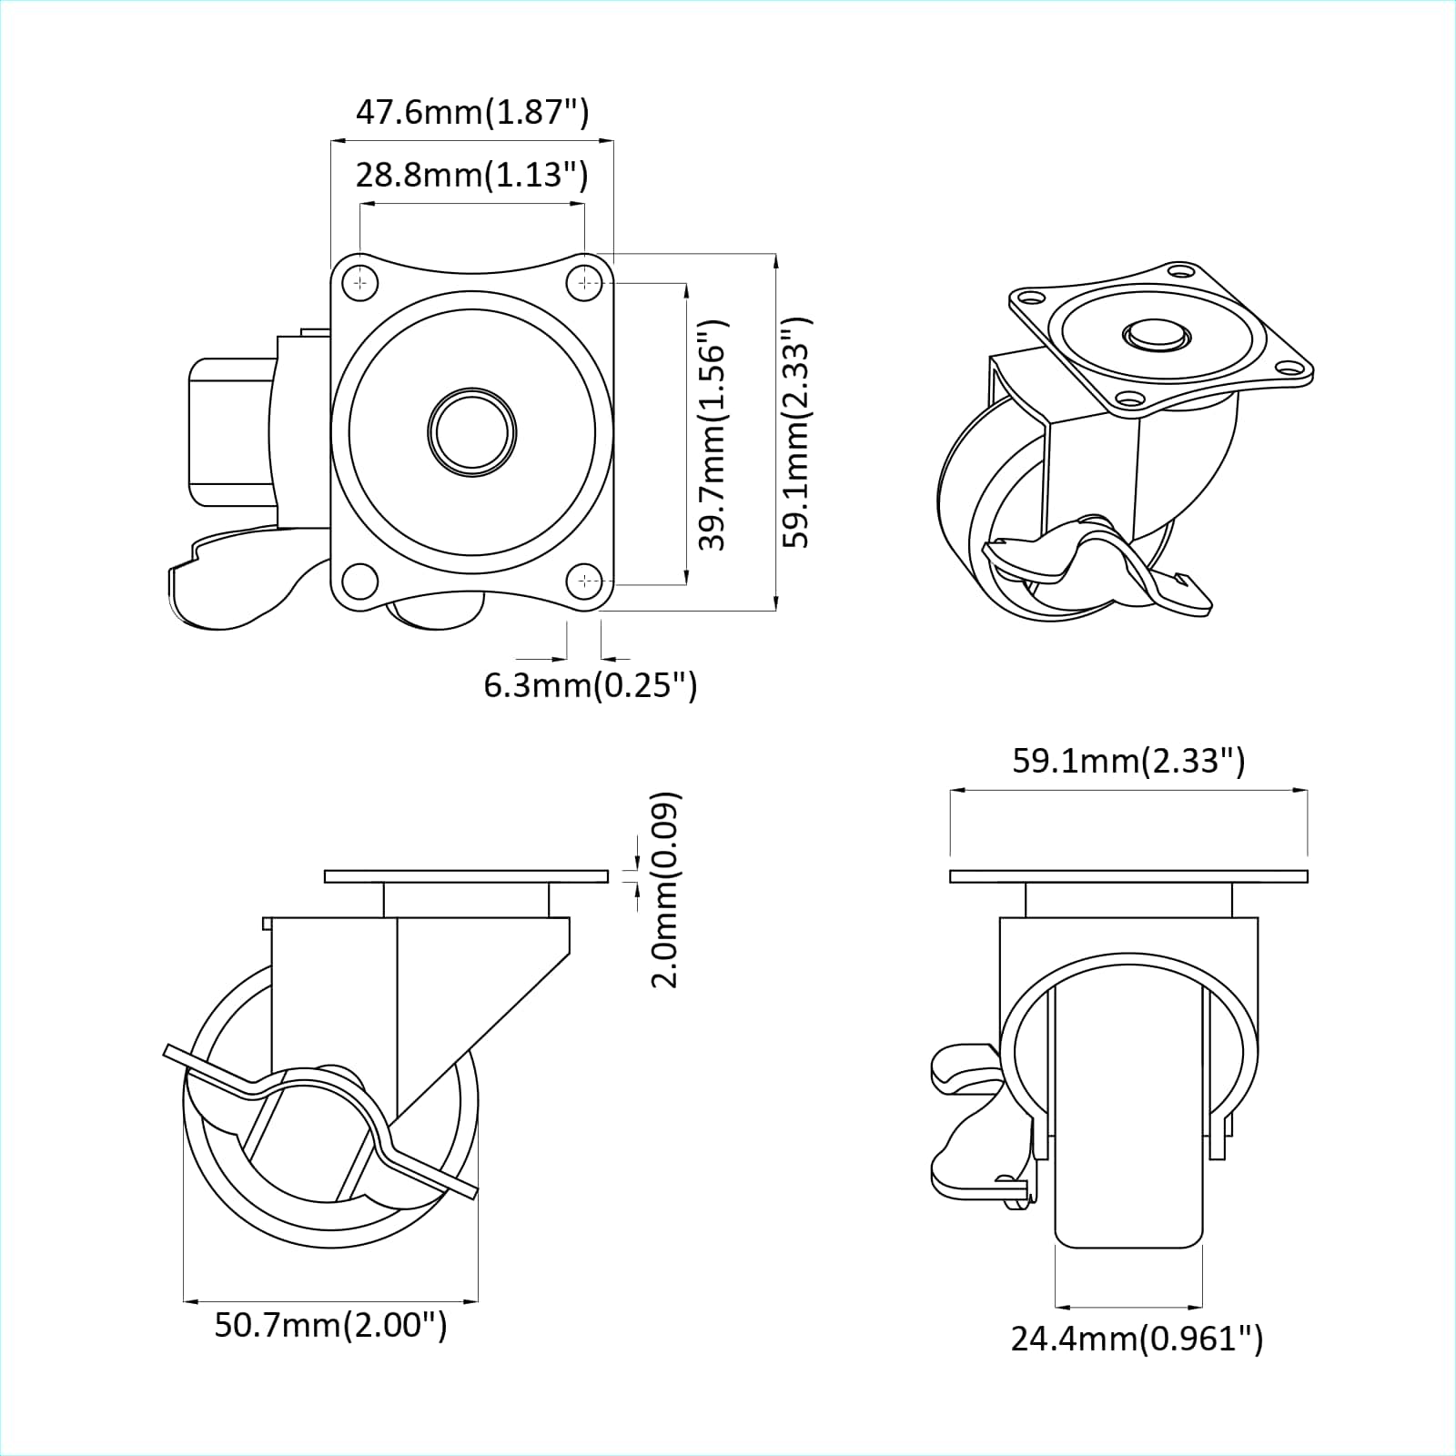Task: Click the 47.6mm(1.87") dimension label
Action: (471, 112)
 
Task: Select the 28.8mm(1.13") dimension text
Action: (471, 174)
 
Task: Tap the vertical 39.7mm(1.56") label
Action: (713, 434)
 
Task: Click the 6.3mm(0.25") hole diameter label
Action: (590, 684)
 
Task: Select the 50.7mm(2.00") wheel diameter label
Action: (330, 1324)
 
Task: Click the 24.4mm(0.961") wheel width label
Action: (1137, 1338)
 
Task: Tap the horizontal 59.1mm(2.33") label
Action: (1128, 760)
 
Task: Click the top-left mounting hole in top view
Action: (361, 283)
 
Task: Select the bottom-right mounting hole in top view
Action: (583, 580)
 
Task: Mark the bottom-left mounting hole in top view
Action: (360, 580)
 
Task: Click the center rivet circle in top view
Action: (471, 431)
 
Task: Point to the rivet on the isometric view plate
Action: (1156, 334)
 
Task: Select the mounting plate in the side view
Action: (466, 876)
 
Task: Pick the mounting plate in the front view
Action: (1128, 876)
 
